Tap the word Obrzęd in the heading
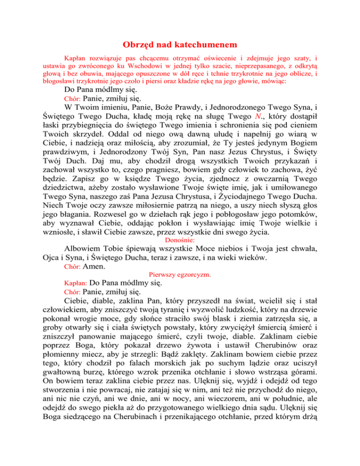(138, 45)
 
